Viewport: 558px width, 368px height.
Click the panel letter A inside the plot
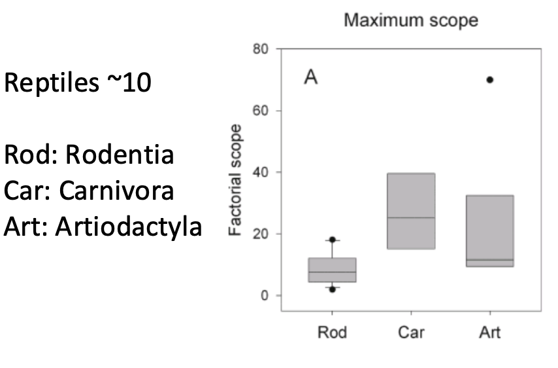pyautogui.click(x=310, y=79)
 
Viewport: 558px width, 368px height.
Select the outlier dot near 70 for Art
pyautogui.click(x=489, y=80)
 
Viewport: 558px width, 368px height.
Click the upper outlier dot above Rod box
pyautogui.click(x=332, y=240)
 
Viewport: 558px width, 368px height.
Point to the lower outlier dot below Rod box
pyautogui.click(x=332, y=289)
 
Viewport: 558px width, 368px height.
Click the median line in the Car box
pyautogui.click(x=411, y=218)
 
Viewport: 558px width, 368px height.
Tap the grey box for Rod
pyautogui.click(x=332, y=270)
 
